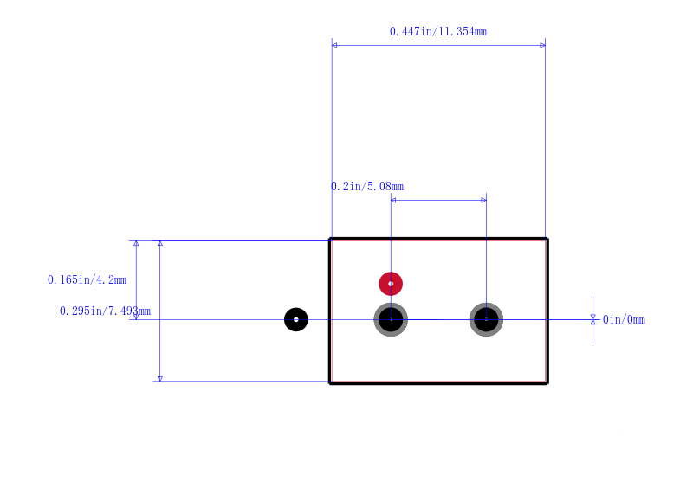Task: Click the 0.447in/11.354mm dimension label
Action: (x=438, y=31)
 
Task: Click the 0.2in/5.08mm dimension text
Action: (x=367, y=186)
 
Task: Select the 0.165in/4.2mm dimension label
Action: (x=87, y=279)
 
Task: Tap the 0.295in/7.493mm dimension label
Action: (x=105, y=311)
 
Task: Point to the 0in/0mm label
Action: (x=624, y=319)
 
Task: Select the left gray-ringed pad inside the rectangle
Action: (x=391, y=319)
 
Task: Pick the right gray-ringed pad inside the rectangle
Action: (x=486, y=319)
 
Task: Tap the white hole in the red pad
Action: (x=391, y=284)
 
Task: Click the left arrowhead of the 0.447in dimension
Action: (x=334, y=45)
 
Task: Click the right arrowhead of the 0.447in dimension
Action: (x=543, y=45)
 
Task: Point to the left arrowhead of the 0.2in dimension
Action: (x=393, y=200)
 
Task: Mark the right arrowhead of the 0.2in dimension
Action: (x=484, y=200)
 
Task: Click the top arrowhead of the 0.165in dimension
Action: (x=136, y=243)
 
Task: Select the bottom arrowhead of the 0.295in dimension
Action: (x=160, y=379)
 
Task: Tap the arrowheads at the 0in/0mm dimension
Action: (x=593, y=319)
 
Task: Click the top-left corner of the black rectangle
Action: (x=330, y=239)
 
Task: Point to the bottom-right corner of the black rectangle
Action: (x=547, y=383)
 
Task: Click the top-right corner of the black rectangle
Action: (x=547, y=239)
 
